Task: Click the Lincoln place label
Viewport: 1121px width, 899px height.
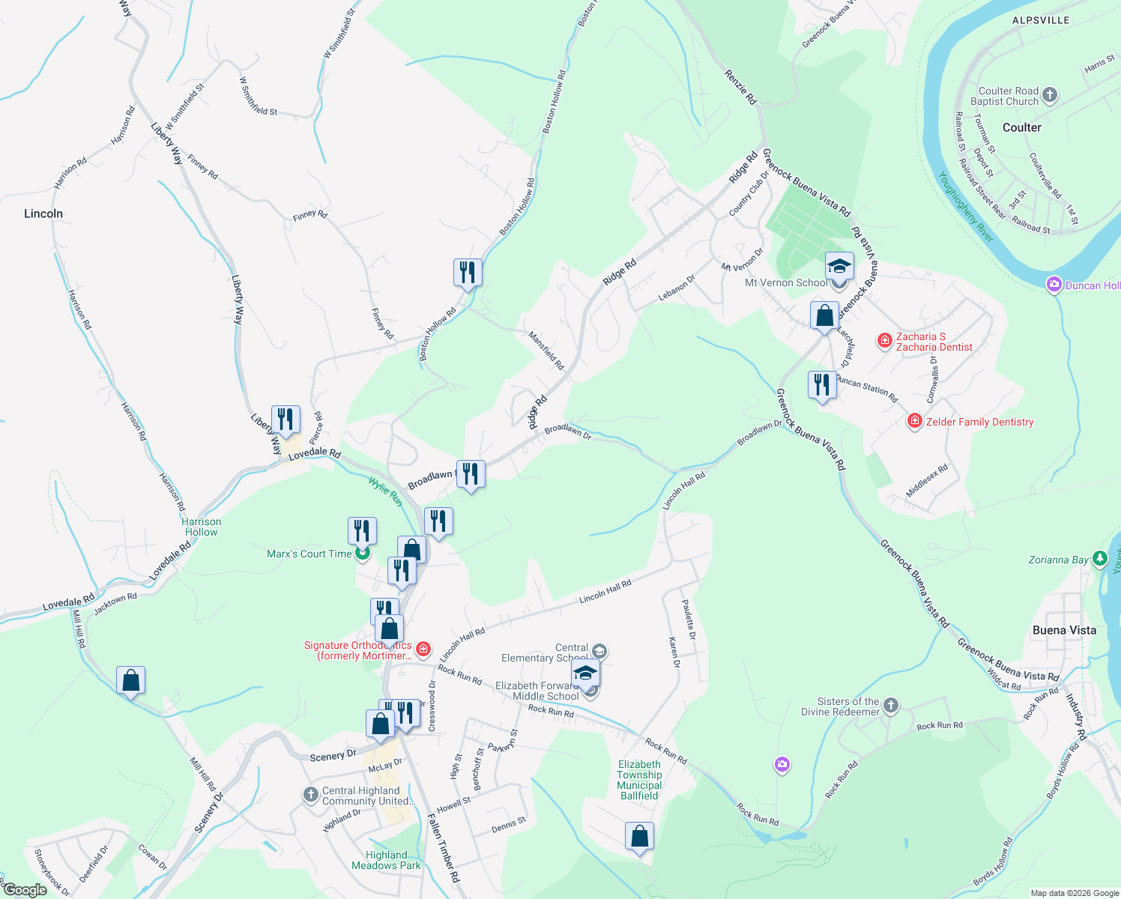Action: click(x=43, y=214)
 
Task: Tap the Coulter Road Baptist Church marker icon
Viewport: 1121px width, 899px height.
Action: click(x=1050, y=95)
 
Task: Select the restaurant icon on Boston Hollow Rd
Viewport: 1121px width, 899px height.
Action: click(x=467, y=272)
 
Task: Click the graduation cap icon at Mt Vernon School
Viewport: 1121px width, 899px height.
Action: click(x=839, y=267)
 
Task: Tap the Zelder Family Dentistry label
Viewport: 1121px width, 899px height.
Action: click(x=979, y=422)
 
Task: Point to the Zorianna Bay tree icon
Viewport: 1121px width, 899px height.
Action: click(x=1099, y=558)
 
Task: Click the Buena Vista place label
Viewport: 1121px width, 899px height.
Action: click(x=1064, y=630)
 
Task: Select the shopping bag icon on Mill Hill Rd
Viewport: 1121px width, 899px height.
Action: click(x=130, y=680)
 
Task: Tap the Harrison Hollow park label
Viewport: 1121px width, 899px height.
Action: click(x=201, y=527)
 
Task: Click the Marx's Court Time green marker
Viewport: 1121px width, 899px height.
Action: click(x=363, y=554)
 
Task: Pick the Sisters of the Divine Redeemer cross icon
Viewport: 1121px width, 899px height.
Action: click(x=890, y=705)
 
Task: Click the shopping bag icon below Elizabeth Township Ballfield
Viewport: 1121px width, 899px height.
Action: click(x=639, y=835)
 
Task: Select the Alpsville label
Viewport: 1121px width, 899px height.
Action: click(x=1041, y=20)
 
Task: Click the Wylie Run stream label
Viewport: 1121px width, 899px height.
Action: click(x=385, y=491)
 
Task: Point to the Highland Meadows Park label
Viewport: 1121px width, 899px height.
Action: click(x=386, y=860)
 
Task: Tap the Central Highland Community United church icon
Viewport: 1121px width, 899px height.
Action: click(x=311, y=795)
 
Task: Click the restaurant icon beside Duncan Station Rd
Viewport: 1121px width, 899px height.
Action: click(x=822, y=385)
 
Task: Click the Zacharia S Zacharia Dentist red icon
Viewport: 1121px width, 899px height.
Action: click(x=885, y=341)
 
